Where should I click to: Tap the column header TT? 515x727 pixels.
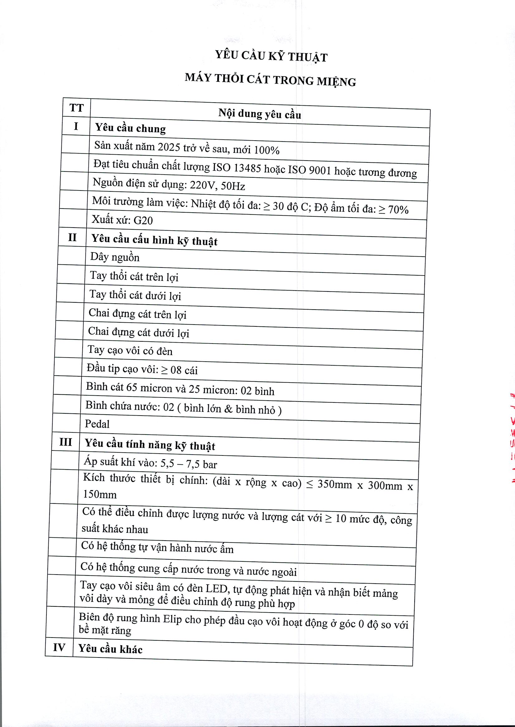(x=76, y=108)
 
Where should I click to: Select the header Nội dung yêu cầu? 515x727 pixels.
(x=259, y=114)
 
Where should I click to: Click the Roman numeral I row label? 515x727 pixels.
(x=76, y=127)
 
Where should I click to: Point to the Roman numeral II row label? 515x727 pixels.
(x=72, y=237)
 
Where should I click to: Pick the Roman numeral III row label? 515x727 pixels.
(x=66, y=442)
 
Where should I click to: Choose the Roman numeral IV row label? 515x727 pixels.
(x=59, y=647)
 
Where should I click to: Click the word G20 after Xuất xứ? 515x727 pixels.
(x=143, y=220)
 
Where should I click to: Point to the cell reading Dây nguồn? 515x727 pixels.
(x=115, y=257)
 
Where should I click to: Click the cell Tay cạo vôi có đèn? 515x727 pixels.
(x=130, y=351)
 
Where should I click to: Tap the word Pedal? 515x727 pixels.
(x=97, y=424)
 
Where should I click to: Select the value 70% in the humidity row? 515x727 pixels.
(x=398, y=209)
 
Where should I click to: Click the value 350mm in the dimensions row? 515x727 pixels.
(x=335, y=484)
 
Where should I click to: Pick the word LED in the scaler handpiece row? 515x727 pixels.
(x=217, y=589)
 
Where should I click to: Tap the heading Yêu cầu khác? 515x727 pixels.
(x=110, y=649)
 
